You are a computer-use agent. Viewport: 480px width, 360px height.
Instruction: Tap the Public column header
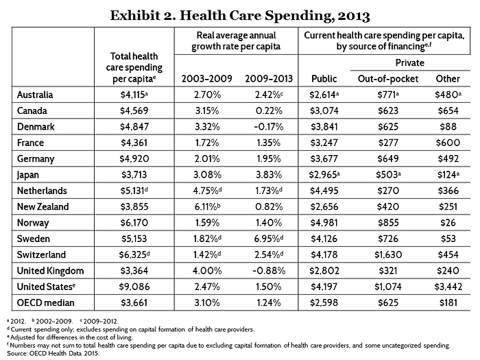point(324,79)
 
